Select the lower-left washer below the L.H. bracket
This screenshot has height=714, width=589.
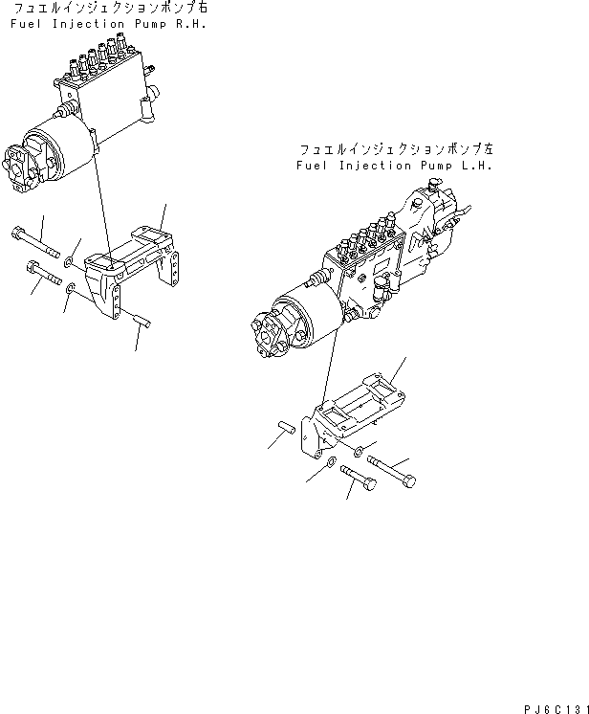[330, 464]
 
